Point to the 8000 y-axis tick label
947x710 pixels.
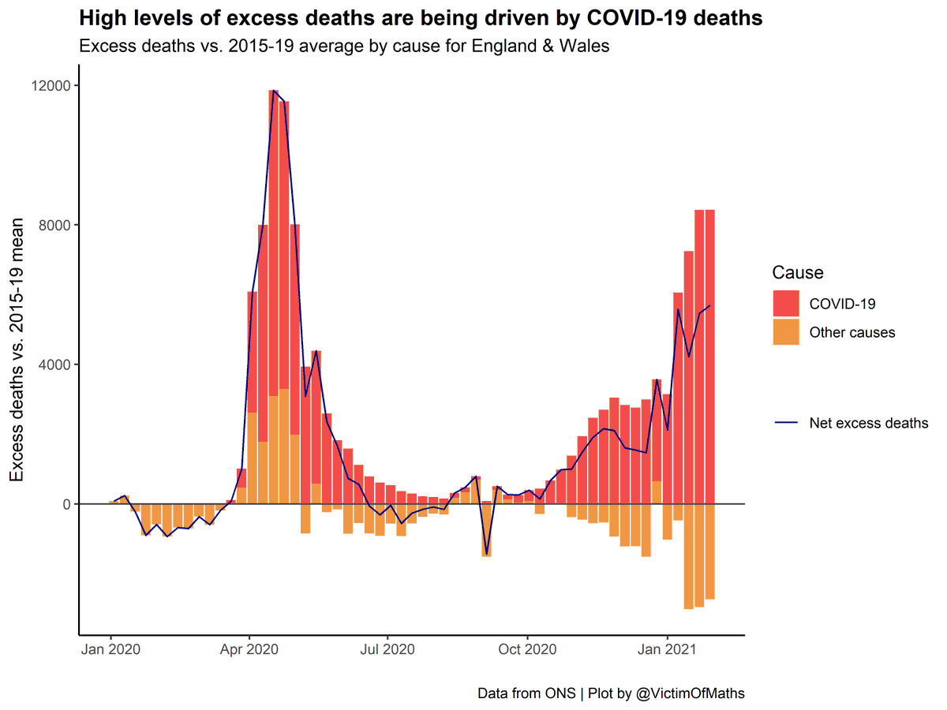pos(56,225)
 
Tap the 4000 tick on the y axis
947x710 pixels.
pos(56,364)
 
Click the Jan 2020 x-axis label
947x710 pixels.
pos(110,650)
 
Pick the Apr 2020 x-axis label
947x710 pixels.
pos(249,650)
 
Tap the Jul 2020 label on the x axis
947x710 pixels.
pos(388,650)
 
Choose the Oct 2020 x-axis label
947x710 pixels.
pos(527,650)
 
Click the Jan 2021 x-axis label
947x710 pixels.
pos(668,650)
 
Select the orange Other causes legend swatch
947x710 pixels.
pos(786,332)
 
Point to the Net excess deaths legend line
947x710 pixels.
pos(786,424)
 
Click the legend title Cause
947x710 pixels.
pos(798,273)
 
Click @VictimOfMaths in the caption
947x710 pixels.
pos(690,693)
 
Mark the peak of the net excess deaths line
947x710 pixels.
pos(274,91)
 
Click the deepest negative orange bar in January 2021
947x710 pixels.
pos(688,556)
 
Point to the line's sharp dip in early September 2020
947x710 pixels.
pos(486,555)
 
